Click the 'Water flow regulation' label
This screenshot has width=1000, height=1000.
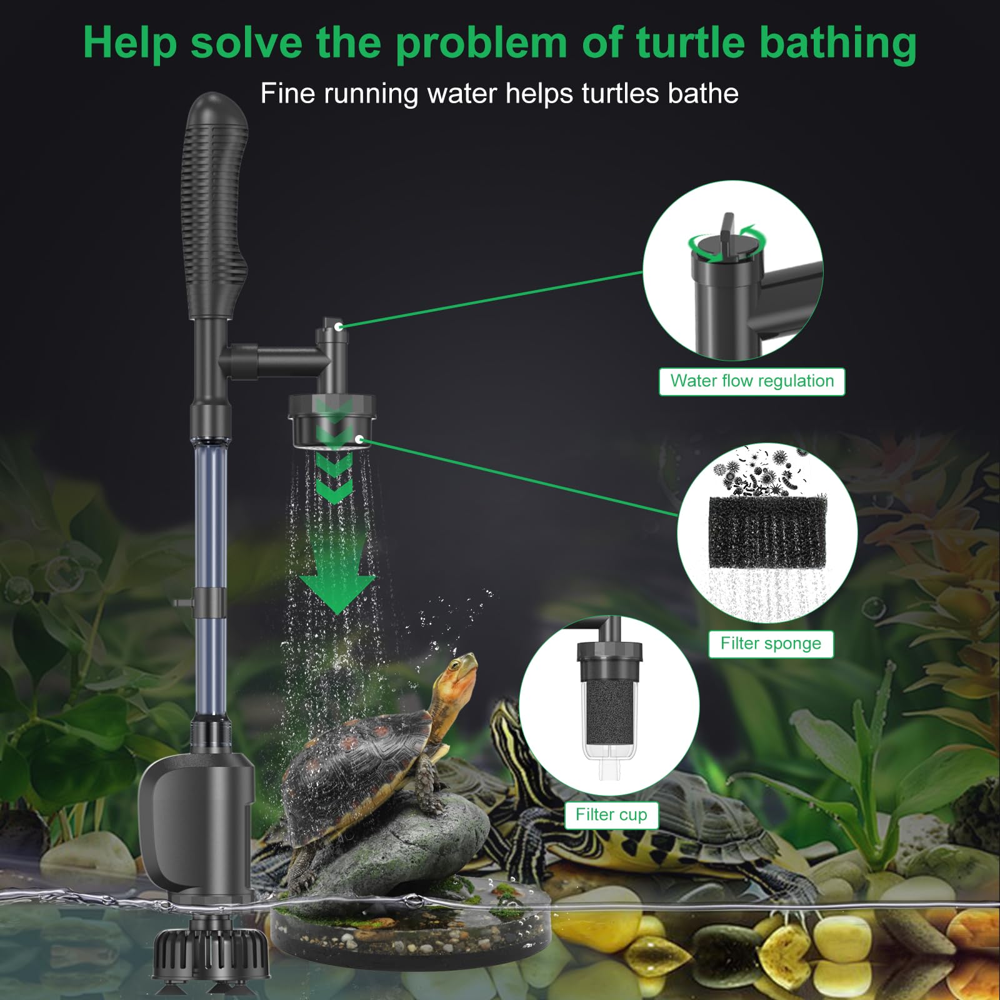[752, 381]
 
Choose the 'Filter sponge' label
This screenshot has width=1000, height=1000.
[771, 644]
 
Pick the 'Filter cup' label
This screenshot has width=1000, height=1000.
[611, 815]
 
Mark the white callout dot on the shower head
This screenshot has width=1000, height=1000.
[359, 439]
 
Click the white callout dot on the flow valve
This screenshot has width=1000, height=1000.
[338, 326]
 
